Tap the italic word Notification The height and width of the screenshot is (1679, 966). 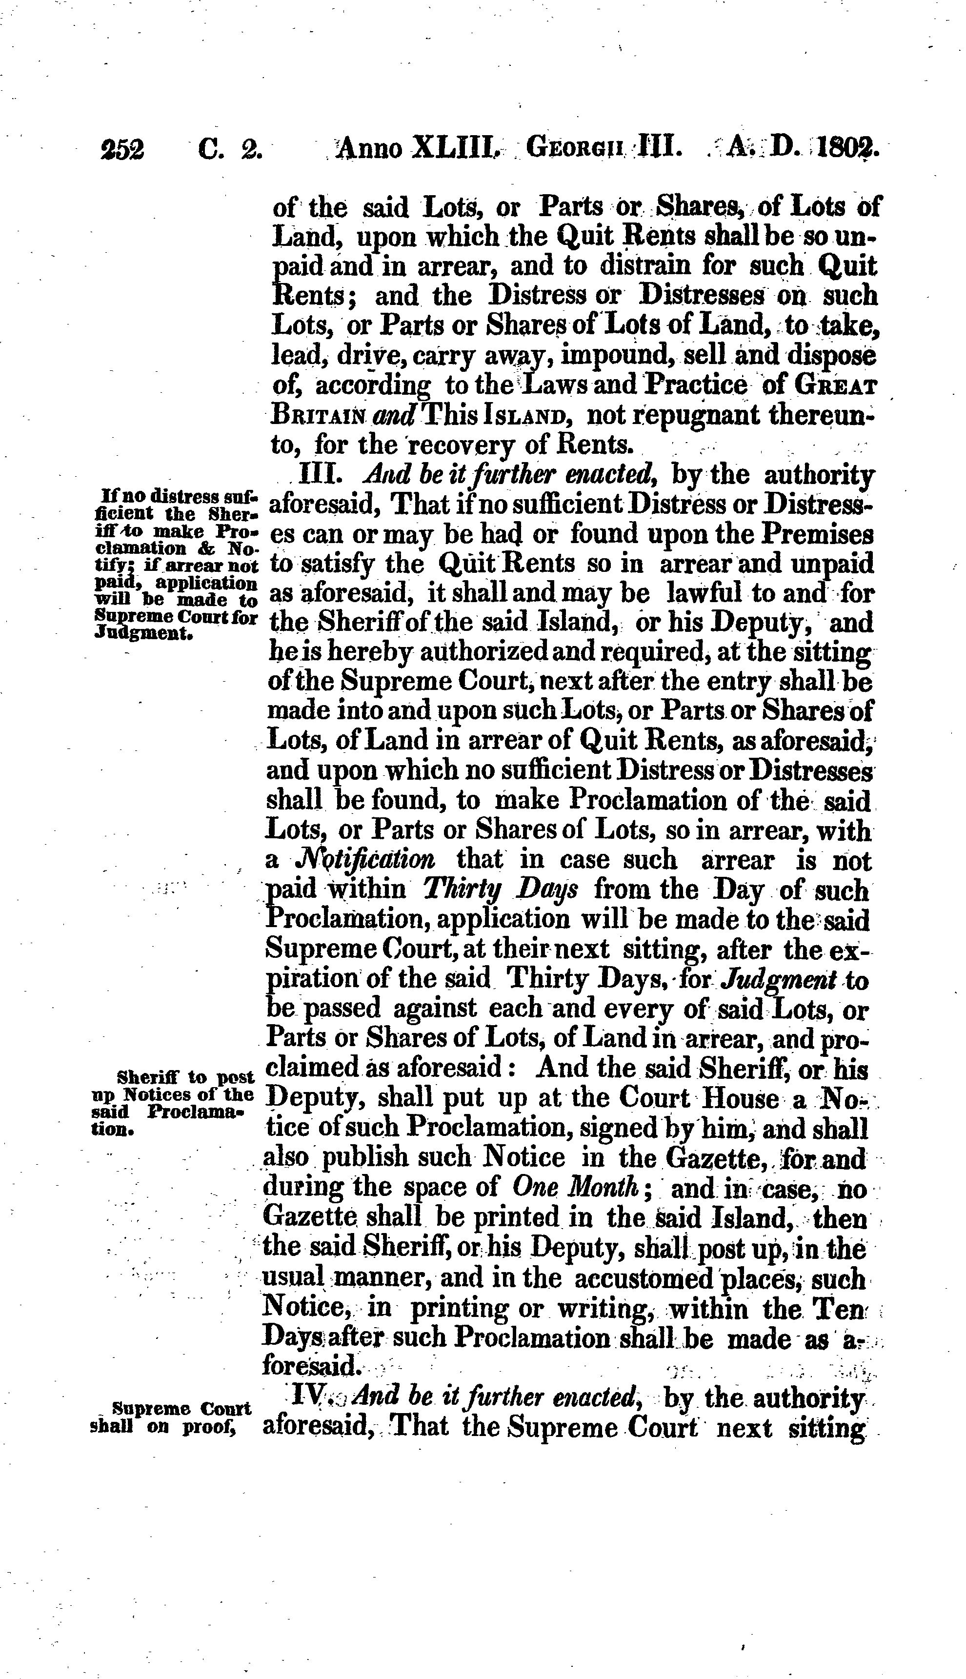[365, 860]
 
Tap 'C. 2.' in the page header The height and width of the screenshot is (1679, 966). [230, 149]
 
